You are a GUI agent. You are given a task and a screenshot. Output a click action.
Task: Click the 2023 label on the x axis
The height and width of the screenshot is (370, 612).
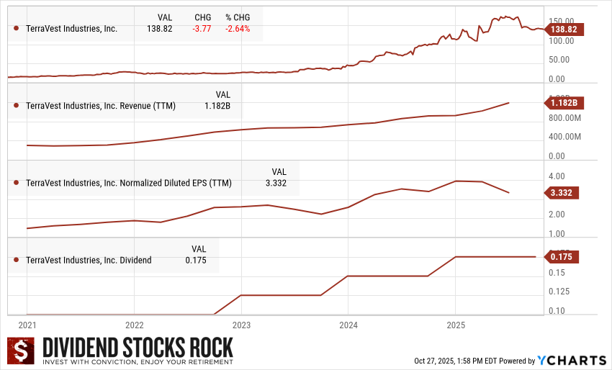tap(241, 325)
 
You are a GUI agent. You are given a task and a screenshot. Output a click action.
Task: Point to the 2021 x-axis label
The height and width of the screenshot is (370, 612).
tap(27, 325)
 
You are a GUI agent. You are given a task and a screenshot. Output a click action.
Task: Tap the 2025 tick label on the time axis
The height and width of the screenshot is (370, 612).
tap(455, 325)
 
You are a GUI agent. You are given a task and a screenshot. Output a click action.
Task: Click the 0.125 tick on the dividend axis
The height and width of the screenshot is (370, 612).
tap(559, 292)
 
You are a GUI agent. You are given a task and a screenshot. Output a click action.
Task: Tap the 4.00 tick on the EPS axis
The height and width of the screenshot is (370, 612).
tap(557, 176)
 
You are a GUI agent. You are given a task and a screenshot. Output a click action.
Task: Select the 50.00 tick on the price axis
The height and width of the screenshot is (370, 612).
tap(559, 60)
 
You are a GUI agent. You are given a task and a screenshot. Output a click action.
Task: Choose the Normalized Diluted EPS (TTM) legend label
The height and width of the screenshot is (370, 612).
tap(129, 183)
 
